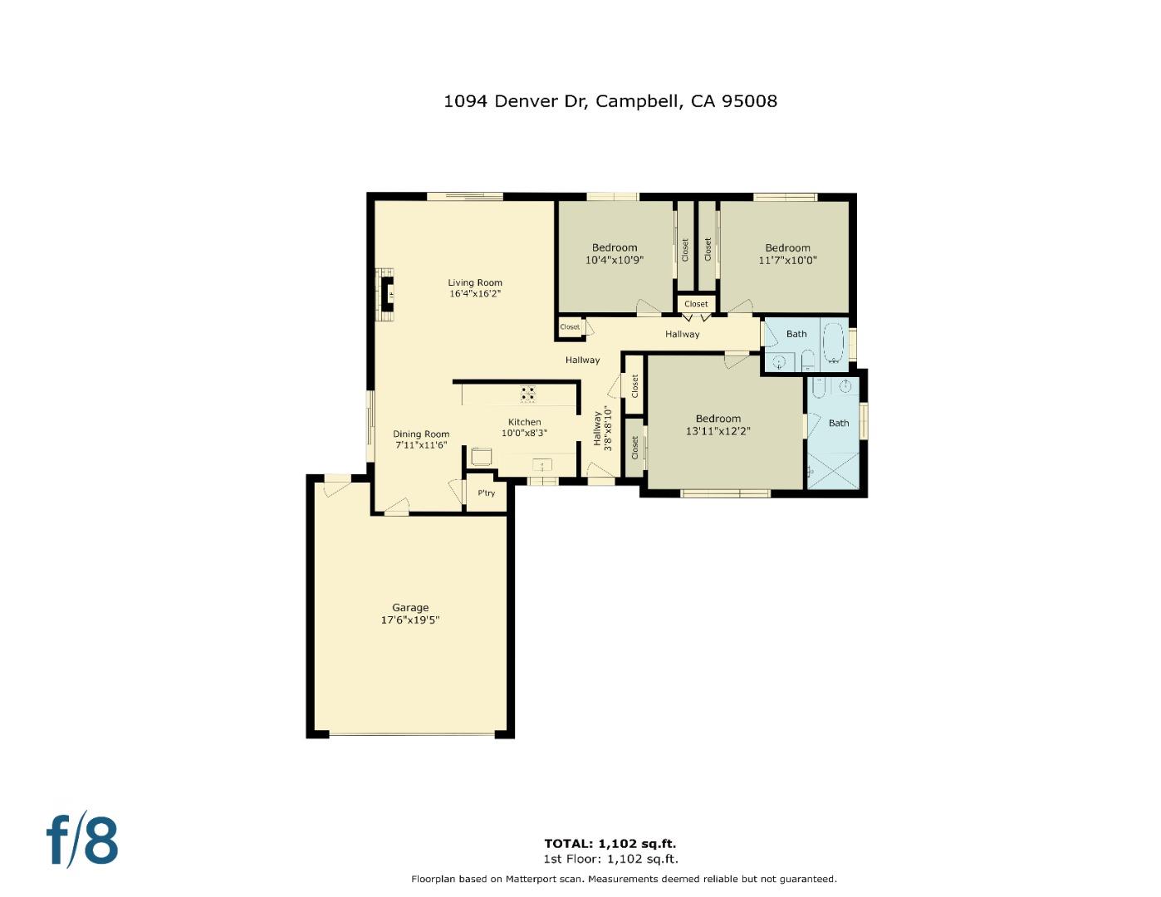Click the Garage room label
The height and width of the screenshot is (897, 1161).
coord(410,607)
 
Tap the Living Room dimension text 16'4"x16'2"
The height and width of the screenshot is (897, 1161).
coord(475,294)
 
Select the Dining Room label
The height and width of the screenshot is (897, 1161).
coord(421,434)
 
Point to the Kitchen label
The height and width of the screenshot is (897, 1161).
coord(524,422)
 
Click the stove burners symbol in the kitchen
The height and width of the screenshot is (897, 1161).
coord(528,393)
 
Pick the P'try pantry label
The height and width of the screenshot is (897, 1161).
coord(486,493)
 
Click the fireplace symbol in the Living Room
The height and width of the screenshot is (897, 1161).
coord(386,291)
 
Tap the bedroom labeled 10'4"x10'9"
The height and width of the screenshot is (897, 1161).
coord(615,260)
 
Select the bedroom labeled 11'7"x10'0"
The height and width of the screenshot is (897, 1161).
coord(787,260)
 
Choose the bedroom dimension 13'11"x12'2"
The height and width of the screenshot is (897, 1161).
coord(718,431)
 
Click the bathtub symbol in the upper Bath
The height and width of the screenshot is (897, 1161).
coord(833,342)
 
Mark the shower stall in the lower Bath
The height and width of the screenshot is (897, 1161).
coord(833,470)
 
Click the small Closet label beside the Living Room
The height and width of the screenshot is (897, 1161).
coord(570,327)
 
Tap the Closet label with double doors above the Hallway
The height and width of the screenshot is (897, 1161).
coord(696,304)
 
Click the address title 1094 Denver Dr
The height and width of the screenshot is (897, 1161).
coord(516,101)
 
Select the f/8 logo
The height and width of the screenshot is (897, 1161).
coord(81,841)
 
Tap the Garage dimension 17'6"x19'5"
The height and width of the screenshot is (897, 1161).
coord(410,620)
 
